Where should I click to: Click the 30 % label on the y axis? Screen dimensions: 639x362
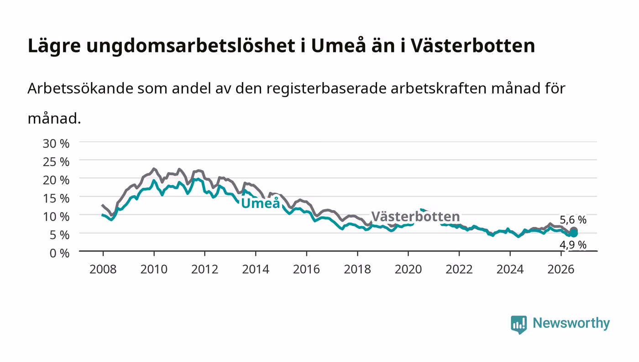click(x=56, y=143)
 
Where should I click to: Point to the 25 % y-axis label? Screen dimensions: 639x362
click(x=56, y=162)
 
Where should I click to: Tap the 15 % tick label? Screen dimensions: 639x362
click(x=56, y=198)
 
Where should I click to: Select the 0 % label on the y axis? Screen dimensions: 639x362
click(x=59, y=253)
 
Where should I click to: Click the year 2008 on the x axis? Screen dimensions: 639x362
click(x=103, y=269)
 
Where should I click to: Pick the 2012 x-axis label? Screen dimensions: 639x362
click(x=205, y=269)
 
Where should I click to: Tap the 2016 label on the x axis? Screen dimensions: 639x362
click(x=306, y=269)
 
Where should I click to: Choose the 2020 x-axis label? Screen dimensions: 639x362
click(x=408, y=269)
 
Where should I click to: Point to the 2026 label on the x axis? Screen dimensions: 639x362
click(x=561, y=269)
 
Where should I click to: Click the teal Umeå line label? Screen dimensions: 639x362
click(x=261, y=203)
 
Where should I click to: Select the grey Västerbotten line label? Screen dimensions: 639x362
click(x=416, y=217)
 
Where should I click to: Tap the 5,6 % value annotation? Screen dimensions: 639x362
click(x=573, y=220)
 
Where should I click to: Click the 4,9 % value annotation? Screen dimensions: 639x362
click(x=573, y=245)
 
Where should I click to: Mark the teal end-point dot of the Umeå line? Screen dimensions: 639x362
click(x=574, y=233)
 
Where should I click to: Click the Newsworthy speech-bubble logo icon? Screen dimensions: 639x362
click(x=519, y=325)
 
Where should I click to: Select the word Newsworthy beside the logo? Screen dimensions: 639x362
click(x=571, y=323)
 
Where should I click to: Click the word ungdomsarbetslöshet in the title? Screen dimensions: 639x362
click(x=191, y=46)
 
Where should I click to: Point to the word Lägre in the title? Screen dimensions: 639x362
click(x=54, y=46)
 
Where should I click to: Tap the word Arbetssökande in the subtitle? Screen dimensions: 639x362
click(x=80, y=88)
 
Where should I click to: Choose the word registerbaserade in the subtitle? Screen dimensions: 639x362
click(x=326, y=89)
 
